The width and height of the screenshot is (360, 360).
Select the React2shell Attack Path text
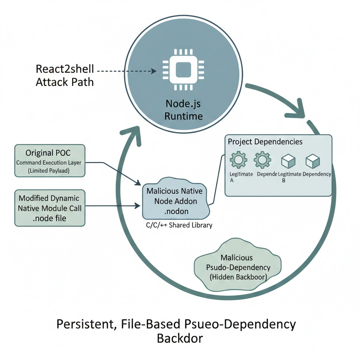point(65,76)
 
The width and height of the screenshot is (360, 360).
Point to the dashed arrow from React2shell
point(127,71)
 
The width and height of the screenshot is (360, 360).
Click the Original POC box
point(50,160)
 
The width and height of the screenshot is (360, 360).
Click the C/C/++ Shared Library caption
point(179,225)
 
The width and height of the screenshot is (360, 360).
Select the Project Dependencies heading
point(265,142)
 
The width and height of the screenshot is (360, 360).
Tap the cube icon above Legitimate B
point(288,161)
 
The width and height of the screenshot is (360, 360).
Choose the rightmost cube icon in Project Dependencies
point(312,161)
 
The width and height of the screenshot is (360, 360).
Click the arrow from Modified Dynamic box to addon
point(112,205)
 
